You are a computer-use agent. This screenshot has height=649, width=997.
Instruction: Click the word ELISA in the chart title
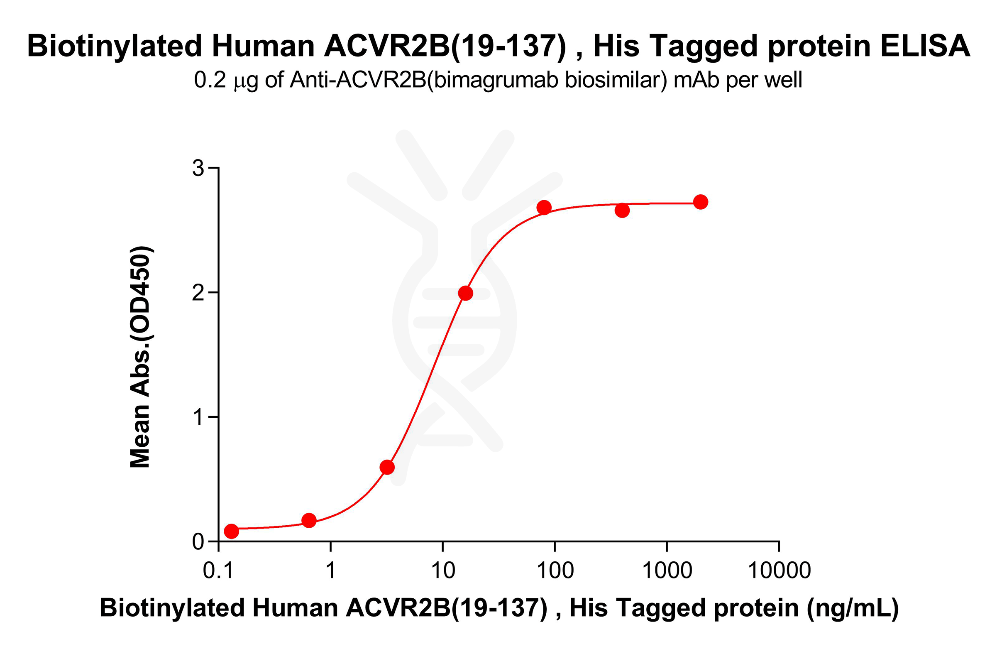(924, 46)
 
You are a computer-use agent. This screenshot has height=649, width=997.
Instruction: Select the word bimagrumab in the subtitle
(497, 80)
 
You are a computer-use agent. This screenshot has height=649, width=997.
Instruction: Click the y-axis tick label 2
(198, 292)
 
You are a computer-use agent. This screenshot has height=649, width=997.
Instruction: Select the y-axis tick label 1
(198, 417)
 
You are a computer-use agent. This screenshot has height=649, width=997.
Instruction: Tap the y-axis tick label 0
(198, 541)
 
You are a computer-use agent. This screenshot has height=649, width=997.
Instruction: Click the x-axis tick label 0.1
(218, 570)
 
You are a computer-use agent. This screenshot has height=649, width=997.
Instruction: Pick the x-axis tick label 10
(443, 570)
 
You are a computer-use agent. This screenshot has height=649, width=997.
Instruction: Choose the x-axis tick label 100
(555, 570)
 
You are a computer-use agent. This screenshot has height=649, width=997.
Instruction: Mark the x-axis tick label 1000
(667, 570)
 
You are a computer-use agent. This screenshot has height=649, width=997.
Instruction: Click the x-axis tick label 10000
(779, 570)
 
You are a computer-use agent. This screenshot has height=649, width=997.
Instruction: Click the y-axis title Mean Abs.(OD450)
(140, 357)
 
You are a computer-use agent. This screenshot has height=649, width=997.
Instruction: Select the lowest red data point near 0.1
(232, 531)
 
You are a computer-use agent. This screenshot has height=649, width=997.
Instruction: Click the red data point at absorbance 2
(465, 293)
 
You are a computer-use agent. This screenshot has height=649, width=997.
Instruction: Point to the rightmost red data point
(700, 202)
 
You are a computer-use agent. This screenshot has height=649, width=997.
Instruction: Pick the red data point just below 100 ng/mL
(544, 207)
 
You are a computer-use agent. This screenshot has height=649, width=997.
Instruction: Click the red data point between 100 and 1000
(622, 211)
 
